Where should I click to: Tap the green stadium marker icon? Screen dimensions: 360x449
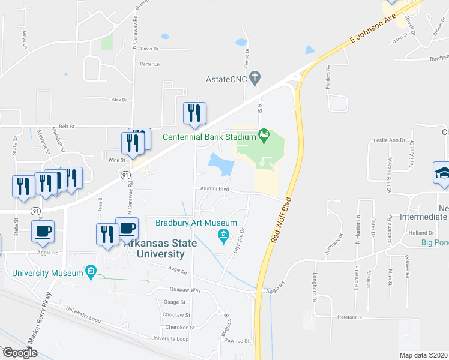(263, 133)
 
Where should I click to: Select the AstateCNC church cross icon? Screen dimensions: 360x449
(256, 77)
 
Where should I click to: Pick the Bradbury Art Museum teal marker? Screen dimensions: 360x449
(223, 235)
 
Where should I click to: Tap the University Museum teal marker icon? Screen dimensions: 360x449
(91, 271)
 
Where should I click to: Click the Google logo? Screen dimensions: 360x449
(19, 353)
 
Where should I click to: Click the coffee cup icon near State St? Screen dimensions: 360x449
(44, 231)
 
